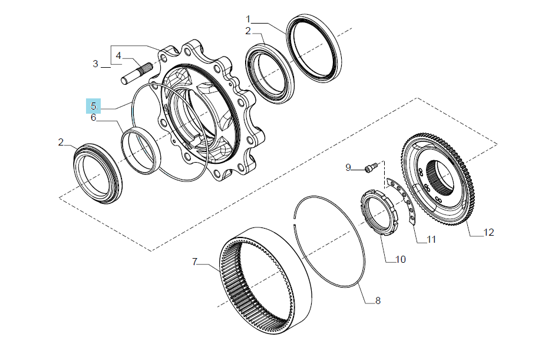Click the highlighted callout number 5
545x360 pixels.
pos(93,106)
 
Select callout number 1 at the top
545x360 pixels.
pos(248,19)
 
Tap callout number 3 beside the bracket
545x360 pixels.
pos(95,64)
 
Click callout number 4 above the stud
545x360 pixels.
pos(118,55)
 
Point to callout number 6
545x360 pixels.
pos(93,117)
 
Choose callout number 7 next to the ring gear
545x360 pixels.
pos(194,262)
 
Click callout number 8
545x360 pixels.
pos(378,300)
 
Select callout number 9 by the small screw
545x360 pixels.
pos(348,167)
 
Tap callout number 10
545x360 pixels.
pos(401,260)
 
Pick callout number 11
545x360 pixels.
pos(431,240)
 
